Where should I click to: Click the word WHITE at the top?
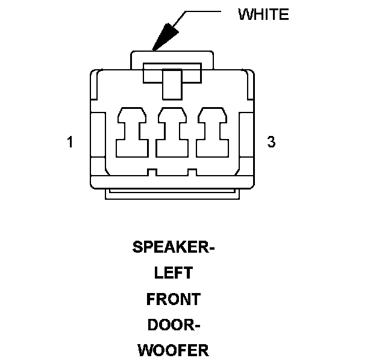pos(263,14)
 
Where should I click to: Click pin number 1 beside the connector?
pos(70,143)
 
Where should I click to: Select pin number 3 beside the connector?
pos(271,143)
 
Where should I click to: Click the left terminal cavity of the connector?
pos(131,132)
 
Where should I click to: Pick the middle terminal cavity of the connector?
pos(172,132)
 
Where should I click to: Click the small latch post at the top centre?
pos(172,82)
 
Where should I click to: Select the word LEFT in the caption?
pos(173,273)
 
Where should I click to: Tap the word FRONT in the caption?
pos(173,299)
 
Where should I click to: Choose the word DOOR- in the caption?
pos(174,325)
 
